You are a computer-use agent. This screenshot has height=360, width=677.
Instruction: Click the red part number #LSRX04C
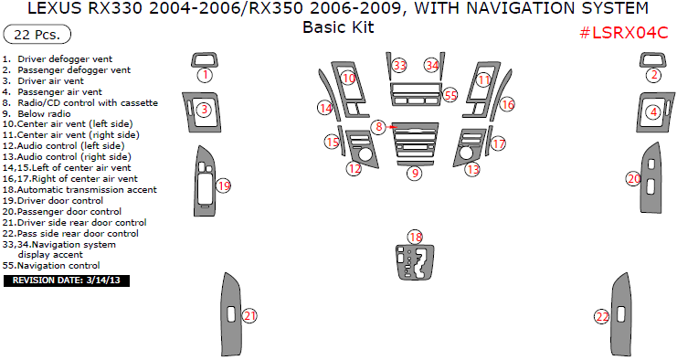pos(623,32)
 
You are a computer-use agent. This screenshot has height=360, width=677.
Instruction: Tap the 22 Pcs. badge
pos(37,35)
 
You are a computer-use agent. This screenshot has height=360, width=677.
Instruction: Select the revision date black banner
pos(67,281)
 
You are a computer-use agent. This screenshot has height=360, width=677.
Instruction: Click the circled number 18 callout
pos(416,237)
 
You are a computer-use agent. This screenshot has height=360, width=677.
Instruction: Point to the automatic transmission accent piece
pos(415,262)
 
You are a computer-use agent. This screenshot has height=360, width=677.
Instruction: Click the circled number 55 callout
pos(450,95)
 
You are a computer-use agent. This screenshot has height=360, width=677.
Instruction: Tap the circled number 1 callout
pos(206,75)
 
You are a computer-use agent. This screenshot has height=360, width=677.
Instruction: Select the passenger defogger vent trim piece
pos(652,60)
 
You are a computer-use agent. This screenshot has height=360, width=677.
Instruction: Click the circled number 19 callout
pos(224,186)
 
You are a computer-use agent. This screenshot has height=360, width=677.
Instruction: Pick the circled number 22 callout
pos(602,317)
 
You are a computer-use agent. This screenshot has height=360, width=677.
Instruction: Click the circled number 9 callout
pos(415,173)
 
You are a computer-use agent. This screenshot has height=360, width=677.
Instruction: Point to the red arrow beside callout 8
pos(393,127)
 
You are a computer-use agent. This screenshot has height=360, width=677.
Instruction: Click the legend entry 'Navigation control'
pos(51,266)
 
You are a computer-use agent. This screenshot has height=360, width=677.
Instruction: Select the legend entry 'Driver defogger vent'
pos(57,59)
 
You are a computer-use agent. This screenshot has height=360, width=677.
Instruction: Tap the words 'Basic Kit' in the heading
pos(338,27)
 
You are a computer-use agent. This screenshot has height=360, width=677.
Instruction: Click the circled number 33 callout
pos(400,65)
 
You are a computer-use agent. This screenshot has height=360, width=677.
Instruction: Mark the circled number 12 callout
pos(354,168)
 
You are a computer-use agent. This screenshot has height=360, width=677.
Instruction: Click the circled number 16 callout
pos(508,104)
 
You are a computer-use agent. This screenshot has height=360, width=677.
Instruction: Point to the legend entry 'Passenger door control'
pos(62,211)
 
